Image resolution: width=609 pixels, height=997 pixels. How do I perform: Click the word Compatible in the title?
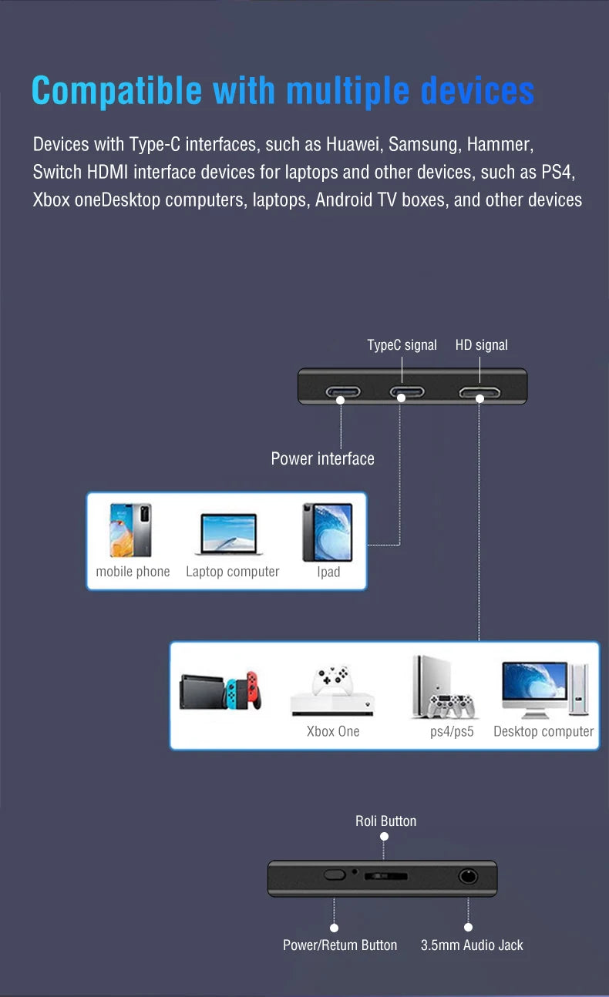(116, 91)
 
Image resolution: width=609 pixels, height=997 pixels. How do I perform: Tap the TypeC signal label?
(402, 345)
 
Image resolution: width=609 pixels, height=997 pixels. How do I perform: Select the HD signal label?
(481, 345)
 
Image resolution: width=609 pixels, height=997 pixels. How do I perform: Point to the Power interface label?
(322, 458)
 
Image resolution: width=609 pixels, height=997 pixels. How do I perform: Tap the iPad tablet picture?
(328, 532)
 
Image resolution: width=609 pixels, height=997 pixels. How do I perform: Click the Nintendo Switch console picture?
(220, 691)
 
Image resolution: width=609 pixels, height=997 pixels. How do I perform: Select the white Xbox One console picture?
(332, 690)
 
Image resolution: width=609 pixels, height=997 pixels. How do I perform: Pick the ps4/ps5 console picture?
(442, 687)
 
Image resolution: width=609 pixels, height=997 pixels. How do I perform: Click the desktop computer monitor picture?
(535, 690)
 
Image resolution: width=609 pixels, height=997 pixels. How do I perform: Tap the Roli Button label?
(385, 821)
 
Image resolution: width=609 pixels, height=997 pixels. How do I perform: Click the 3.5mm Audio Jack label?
(472, 945)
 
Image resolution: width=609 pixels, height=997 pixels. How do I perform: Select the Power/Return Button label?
(340, 945)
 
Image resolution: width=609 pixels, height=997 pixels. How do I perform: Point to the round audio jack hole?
(468, 876)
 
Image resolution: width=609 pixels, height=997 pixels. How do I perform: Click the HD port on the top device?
(479, 393)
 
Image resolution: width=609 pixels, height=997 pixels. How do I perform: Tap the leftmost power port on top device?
(342, 393)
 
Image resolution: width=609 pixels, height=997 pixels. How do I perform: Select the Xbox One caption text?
(333, 731)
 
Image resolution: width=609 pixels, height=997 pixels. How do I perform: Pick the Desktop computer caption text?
(543, 731)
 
